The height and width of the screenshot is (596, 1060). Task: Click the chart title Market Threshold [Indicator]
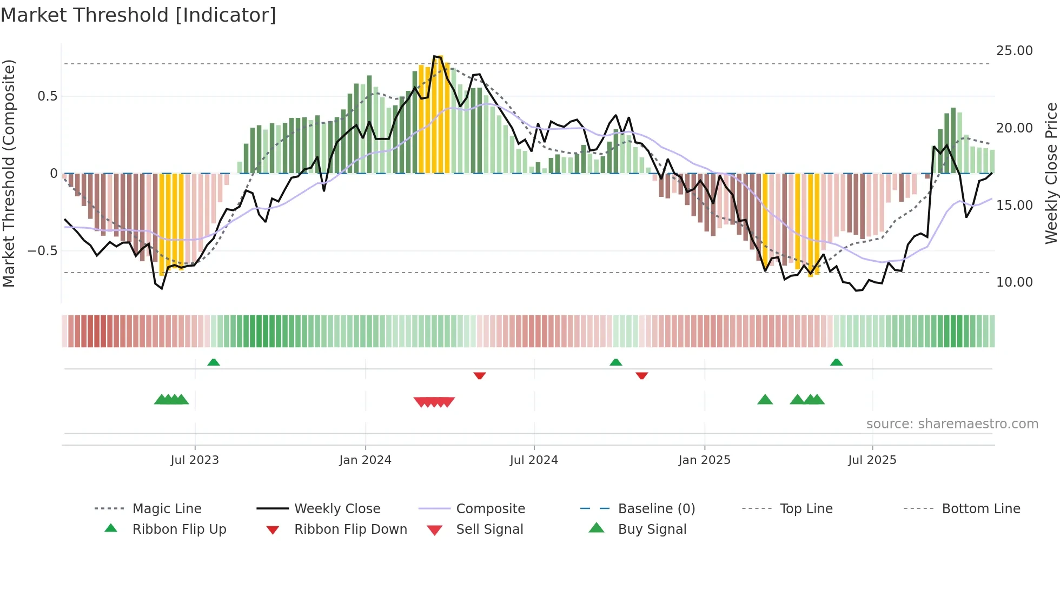[138, 15]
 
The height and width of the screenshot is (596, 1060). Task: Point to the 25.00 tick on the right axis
[1014, 51]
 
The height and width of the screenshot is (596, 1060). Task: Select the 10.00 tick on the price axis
[1014, 282]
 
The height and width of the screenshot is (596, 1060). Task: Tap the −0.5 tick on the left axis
[42, 251]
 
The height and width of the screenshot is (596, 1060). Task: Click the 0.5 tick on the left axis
[47, 96]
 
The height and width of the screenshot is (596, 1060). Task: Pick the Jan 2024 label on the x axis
[365, 460]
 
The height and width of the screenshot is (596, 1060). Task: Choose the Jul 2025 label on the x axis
[872, 460]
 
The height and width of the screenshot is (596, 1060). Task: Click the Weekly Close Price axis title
[1051, 173]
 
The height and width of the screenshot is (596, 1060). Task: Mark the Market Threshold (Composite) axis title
[9, 173]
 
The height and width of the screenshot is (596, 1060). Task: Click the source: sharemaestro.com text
[952, 424]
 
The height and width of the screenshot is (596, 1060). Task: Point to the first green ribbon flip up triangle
[214, 362]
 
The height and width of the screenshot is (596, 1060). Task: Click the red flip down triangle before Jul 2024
[479, 375]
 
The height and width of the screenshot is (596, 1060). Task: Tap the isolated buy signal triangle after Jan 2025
[765, 400]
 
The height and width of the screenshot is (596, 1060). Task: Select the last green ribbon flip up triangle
[836, 362]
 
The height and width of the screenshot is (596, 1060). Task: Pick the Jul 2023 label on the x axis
[195, 460]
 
